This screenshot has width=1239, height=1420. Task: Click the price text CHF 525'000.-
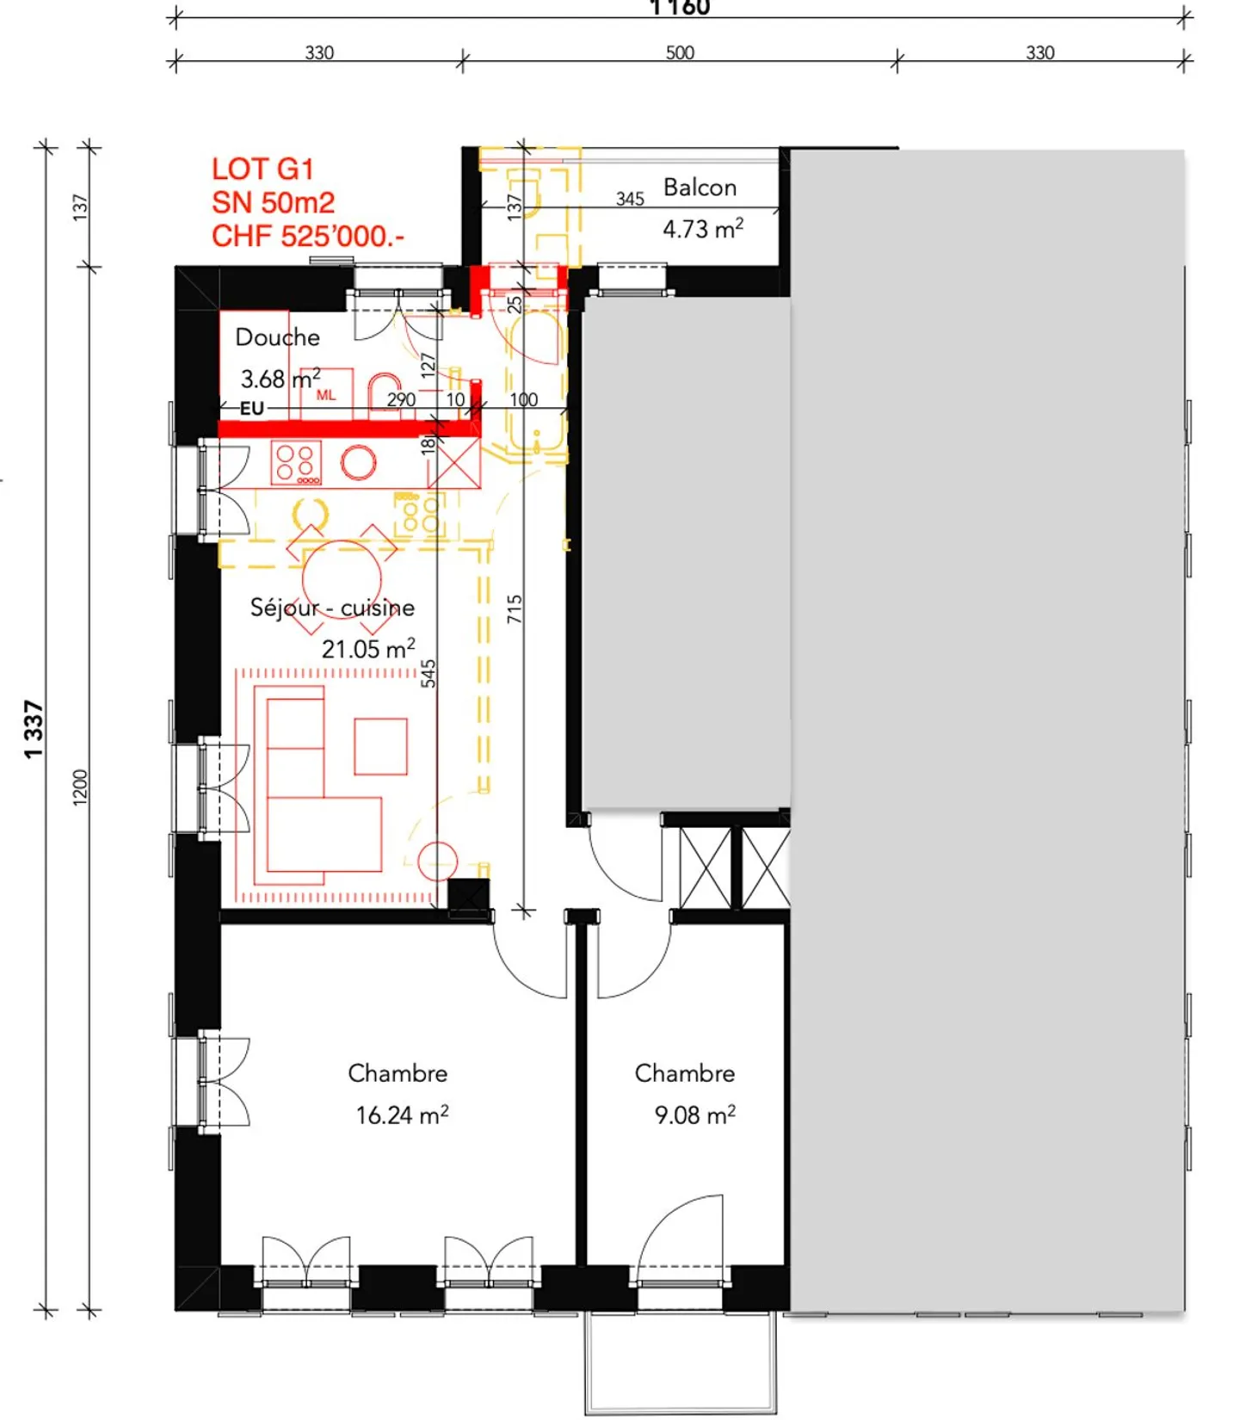pyautogui.click(x=307, y=236)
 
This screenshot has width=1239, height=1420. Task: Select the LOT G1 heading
pyautogui.click(x=262, y=169)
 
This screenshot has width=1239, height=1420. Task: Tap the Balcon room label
pyautogui.click(x=700, y=188)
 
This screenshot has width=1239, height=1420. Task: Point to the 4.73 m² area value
pyautogui.click(x=702, y=229)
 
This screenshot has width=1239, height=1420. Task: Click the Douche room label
pyautogui.click(x=277, y=337)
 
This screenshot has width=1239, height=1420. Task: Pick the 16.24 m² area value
pyautogui.click(x=402, y=1115)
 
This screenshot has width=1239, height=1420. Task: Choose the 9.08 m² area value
pyautogui.click(x=694, y=1115)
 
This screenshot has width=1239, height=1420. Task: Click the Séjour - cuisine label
pyautogui.click(x=332, y=608)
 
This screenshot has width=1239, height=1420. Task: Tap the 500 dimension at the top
pyautogui.click(x=680, y=52)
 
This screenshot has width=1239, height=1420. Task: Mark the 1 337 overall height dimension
pyautogui.click(x=33, y=729)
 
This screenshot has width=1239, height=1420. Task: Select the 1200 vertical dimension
pyautogui.click(x=80, y=787)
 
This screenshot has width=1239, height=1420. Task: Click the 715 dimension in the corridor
pyautogui.click(x=515, y=608)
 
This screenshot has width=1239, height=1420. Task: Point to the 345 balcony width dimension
pyautogui.click(x=630, y=199)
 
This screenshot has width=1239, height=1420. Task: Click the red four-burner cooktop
pyautogui.click(x=296, y=462)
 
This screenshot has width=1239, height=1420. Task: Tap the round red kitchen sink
pyautogui.click(x=358, y=462)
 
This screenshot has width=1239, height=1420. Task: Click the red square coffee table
pyautogui.click(x=380, y=746)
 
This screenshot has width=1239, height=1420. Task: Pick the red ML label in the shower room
pyautogui.click(x=326, y=395)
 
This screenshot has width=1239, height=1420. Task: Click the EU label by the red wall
pyautogui.click(x=251, y=408)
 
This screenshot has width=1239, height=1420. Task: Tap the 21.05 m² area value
pyautogui.click(x=367, y=649)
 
